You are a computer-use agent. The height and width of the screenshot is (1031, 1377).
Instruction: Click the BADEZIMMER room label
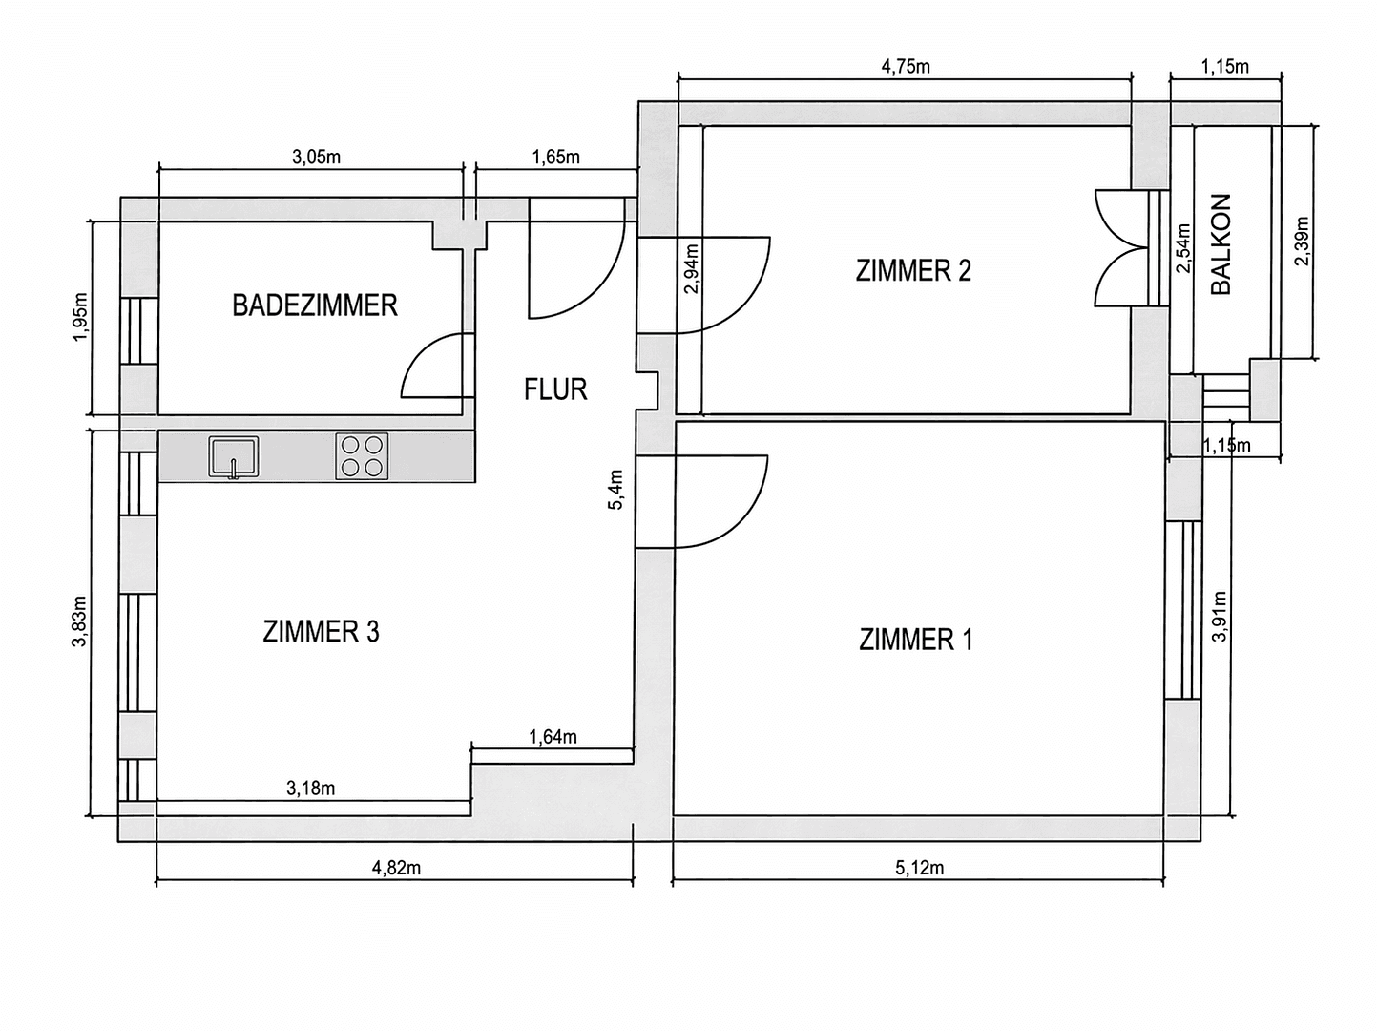click(x=315, y=305)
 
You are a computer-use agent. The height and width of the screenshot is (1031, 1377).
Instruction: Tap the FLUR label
click(x=555, y=389)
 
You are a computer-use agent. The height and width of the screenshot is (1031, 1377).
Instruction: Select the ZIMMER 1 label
click(x=916, y=639)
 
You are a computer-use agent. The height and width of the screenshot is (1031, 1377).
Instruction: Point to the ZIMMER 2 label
click(x=913, y=271)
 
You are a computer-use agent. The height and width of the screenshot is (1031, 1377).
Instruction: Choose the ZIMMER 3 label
click(x=321, y=632)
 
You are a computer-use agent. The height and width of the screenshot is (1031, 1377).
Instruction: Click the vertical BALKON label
click(x=1221, y=244)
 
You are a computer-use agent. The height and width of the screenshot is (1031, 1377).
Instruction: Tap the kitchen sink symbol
click(x=234, y=456)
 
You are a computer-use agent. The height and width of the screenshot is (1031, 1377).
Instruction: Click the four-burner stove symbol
click(x=362, y=456)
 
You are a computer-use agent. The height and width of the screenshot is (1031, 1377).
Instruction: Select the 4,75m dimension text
click(x=905, y=66)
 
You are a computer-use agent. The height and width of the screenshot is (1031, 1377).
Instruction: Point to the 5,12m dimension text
click(x=919, y=868)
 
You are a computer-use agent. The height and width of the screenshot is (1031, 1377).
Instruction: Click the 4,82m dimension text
click(x=396, y=868)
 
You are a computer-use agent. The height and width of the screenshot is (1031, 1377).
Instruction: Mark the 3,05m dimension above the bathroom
click(x=316, y=158)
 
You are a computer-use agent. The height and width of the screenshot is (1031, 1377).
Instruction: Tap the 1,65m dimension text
click(x=555, y=158)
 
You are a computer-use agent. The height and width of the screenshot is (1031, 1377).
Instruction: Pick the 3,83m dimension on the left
click(x=79, y=621)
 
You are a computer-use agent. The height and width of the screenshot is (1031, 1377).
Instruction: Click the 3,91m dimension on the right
click(x=1219, y=616)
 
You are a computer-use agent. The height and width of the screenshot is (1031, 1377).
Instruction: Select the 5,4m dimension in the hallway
click(x=616, y=490)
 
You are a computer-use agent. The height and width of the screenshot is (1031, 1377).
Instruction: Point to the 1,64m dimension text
click(x=553, y=737)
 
